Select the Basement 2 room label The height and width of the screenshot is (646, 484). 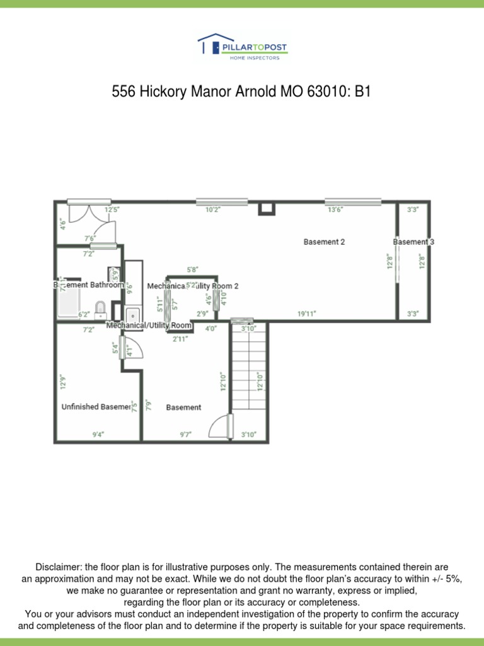coord(324,242)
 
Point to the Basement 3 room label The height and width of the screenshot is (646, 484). coord(413,242)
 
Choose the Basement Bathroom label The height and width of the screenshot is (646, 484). coord(89,285)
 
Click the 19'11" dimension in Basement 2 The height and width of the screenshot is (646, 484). coord(306,314)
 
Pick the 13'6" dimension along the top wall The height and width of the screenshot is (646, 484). coord(335,210)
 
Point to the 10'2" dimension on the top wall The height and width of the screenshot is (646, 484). coord(213,210)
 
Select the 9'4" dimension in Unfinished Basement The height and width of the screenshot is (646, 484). coord(98,434)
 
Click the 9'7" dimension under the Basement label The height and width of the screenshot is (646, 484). coord(185,434)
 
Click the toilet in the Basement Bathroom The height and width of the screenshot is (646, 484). coord(100,308)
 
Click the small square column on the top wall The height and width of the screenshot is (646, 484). coord(267,208)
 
